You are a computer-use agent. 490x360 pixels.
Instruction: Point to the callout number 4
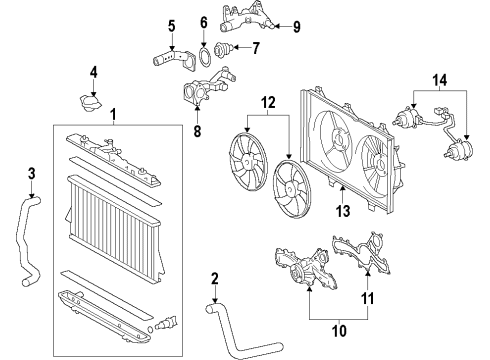click(93, 72)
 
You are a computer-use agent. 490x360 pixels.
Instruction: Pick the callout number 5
click(171, 26)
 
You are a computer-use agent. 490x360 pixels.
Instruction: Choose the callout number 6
click(203, 20)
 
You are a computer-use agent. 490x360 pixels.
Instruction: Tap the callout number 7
click(255, 47)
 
